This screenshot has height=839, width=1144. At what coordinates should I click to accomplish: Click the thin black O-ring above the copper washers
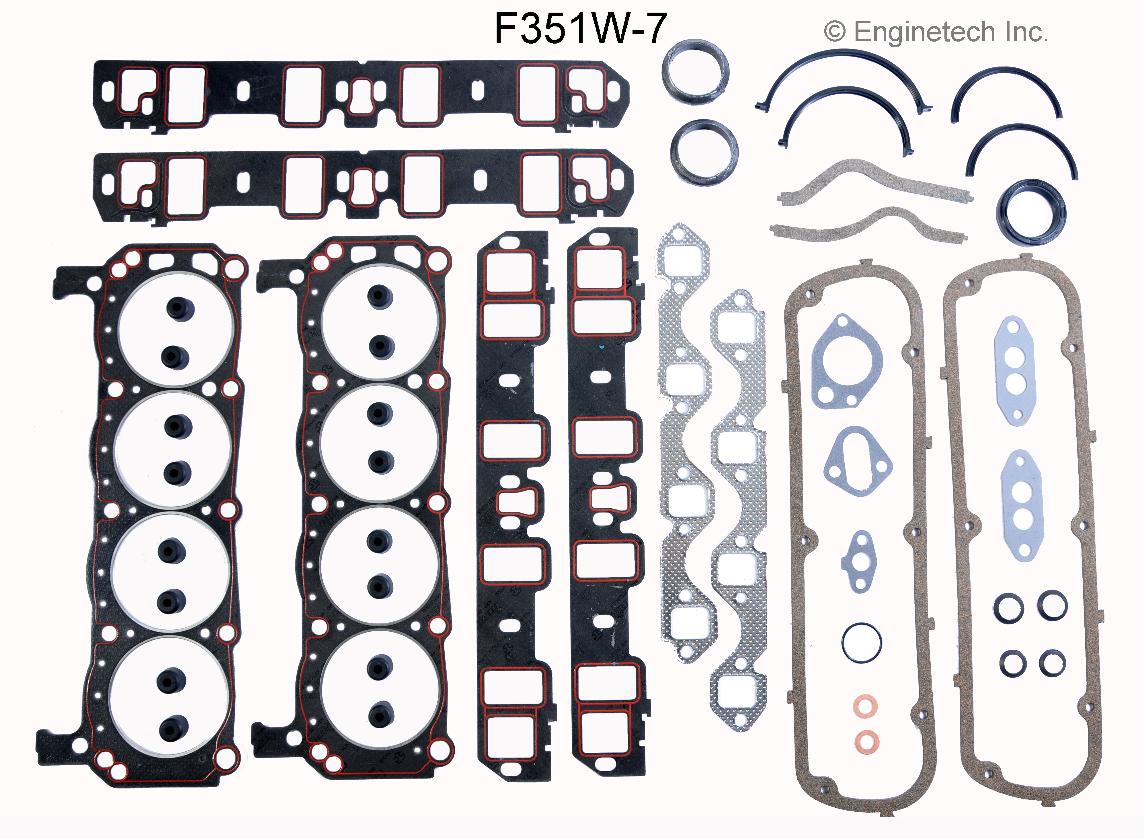(x=861, y=643)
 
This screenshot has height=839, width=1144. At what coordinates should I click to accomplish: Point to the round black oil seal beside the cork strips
(x=1031, y=212)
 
